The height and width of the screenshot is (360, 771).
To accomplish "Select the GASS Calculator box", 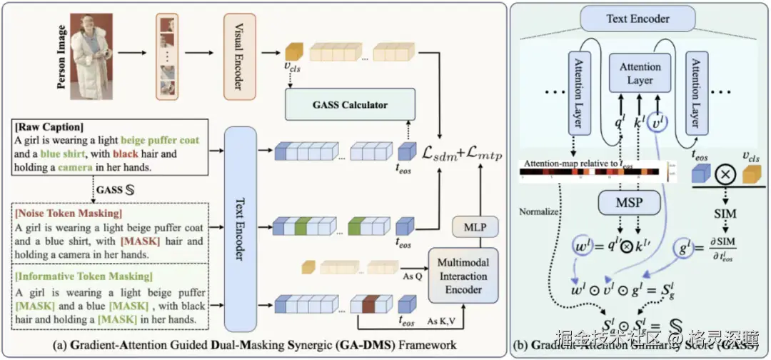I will [x=349, y=105].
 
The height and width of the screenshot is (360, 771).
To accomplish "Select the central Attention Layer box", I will [x=640, y=74].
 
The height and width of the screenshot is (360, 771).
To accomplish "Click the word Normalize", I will [x=540, y=212].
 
